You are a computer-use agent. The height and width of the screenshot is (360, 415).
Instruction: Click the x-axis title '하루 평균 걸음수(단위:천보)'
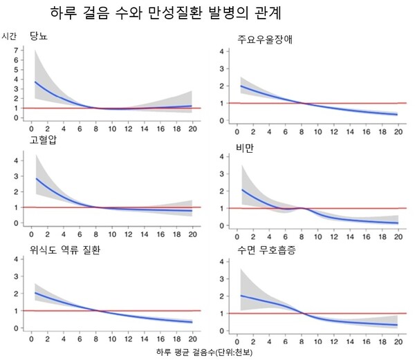(207, 352)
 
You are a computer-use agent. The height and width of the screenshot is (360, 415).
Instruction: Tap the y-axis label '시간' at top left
(10, 35)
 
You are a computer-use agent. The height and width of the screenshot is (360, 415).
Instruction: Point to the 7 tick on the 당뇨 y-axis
(15, 50)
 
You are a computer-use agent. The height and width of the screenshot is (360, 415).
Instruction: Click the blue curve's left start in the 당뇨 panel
(35, 82)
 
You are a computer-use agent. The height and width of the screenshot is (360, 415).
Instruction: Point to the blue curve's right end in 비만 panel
(396, 223)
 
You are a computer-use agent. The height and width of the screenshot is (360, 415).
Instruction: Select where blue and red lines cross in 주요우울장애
(302, 104)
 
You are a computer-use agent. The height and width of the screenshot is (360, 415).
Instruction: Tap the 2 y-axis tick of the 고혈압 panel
(15, 191)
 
